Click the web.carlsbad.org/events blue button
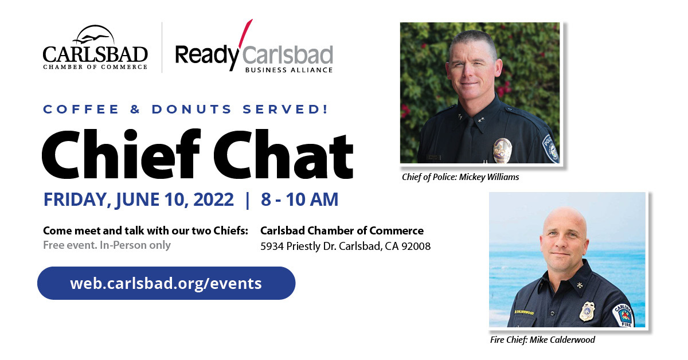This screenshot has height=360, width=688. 166,283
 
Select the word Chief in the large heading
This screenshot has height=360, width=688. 122,154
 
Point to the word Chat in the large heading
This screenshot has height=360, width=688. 283,154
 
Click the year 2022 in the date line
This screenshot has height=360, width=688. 213,199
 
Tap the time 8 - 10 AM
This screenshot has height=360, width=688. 299,199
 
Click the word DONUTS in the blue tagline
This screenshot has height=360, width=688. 191,109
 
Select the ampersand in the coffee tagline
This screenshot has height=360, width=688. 135,109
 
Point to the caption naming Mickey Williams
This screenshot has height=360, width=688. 460,177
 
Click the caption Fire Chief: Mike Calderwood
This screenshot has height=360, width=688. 542,340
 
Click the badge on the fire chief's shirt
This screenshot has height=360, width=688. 587,311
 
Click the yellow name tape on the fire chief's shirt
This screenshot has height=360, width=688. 524,312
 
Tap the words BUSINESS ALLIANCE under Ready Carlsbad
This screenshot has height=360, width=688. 289,70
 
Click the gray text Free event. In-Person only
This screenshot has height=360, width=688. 107,245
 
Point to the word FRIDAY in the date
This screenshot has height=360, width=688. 77,200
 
